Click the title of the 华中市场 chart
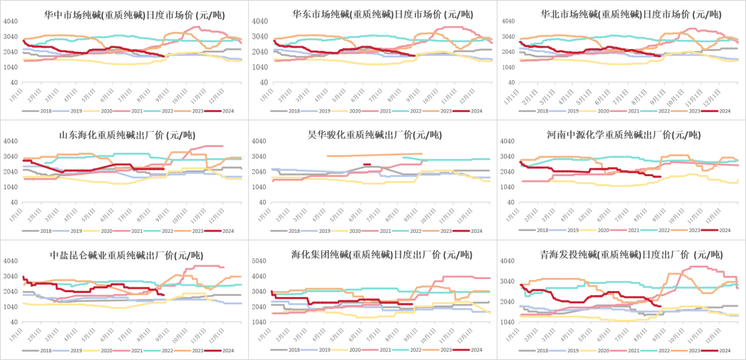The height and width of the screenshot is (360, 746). [x=127, y=14]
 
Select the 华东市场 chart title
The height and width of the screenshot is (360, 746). [x=373, y=14]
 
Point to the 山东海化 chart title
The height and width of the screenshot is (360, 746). [x=127, y=134]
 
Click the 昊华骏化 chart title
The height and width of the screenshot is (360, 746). [x=373, y=134]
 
